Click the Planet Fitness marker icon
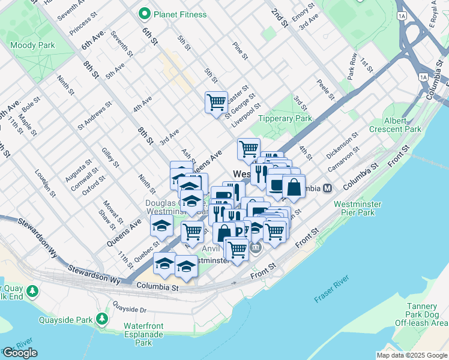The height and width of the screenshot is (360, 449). point(144,14)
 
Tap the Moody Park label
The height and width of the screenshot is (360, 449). point(32,45)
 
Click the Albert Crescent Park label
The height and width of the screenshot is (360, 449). point(403,125)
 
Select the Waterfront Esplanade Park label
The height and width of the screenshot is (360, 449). point(144,334)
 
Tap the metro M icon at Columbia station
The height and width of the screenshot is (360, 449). point(328,188)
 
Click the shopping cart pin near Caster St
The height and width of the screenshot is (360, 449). point(216,101)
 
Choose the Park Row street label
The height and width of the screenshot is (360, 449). point(352,67)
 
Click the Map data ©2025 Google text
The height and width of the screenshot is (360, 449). point(411,355)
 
